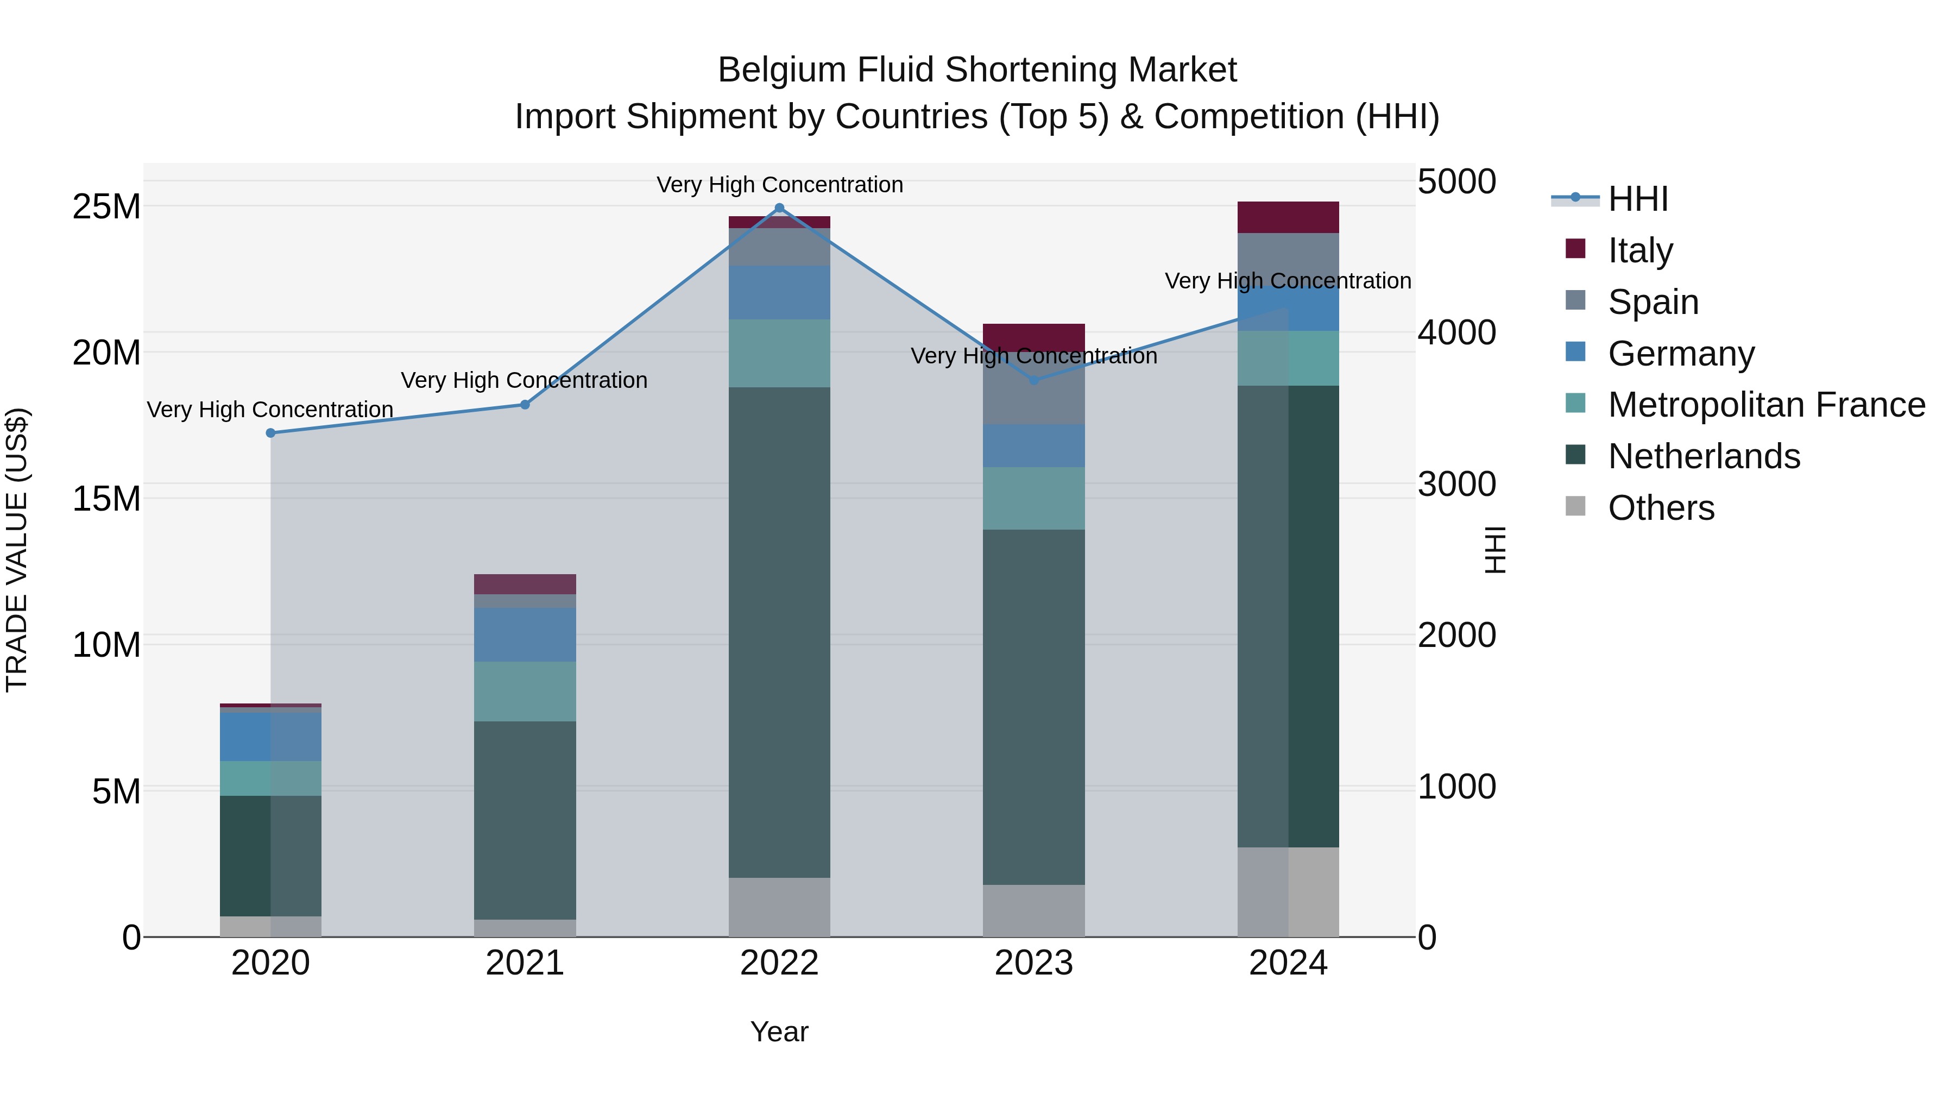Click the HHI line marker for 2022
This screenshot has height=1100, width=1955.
point(779,208)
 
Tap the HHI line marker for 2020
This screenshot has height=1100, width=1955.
point(270,433)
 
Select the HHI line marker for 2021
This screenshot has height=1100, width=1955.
point(525,405)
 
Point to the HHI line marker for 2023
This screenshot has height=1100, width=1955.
point(1033,380)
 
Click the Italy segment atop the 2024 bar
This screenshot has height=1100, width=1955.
point(1288,217)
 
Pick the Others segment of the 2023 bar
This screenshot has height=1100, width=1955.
point(1033,910)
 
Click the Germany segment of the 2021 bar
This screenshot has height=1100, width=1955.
point(525,634)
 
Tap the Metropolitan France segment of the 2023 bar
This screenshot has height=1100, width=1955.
point(1033,498)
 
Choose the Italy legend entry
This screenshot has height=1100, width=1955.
point(1639,250)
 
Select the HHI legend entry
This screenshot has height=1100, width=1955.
point(1638,199)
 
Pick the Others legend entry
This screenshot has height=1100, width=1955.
point(1661,508)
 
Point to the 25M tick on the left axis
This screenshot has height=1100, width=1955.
point(106,206)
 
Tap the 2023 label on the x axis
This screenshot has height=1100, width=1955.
point(1033,963)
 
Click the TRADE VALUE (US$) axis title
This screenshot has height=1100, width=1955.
point(17,550)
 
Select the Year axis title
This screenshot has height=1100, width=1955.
point(779,1032)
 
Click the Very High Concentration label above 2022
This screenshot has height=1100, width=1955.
point(779,185)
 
